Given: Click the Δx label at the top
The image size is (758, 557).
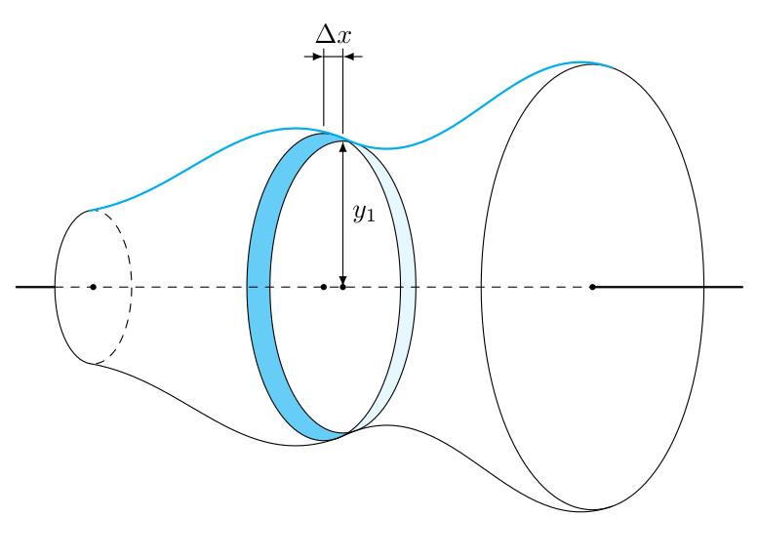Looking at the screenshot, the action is click(333, 35).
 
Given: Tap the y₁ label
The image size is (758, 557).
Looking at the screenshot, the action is click(364, 213).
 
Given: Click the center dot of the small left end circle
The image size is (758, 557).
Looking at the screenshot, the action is click(93, 287).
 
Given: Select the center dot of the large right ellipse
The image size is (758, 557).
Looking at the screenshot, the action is click(592, 287).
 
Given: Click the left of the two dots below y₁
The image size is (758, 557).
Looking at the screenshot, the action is click(324, 287).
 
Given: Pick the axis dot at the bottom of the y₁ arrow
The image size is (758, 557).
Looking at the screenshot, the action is click(342, 287).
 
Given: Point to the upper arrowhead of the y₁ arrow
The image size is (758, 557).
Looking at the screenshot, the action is click(342, 147).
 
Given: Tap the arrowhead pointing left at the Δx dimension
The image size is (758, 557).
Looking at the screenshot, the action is click(350, 57).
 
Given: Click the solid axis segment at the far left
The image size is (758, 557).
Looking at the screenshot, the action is click(34, 287).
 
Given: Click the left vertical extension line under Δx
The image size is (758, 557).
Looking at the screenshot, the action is click(324, 93).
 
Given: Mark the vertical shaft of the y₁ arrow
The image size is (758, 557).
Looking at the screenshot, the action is click(342, 244).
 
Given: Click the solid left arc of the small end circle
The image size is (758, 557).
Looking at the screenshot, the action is click(56, 287).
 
